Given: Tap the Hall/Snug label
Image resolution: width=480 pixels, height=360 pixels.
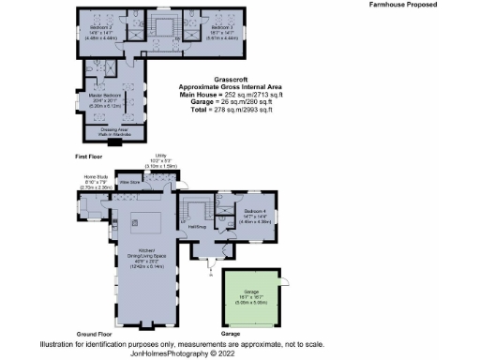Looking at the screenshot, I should coord(196,226).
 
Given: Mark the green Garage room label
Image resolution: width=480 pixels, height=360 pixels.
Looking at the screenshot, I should coord(250,300).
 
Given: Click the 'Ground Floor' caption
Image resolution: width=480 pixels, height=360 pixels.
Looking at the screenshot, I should coord(95,334).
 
